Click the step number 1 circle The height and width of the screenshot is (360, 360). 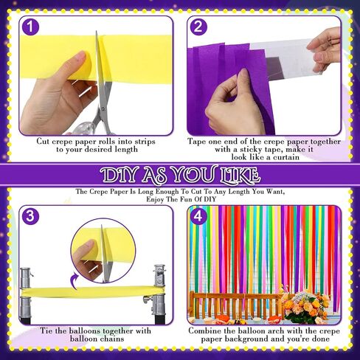pyautogui.click(x=30, y=27)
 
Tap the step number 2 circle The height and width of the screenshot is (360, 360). pyautogui.click(x=198, y=27)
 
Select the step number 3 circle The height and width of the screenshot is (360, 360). pyautogui.click(x=30, y=216)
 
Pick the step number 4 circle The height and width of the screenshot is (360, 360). pyautogui.click(x=198, y=216)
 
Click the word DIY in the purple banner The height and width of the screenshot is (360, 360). pyautogui.click(x=119, y=175)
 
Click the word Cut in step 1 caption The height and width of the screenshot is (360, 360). pyautogui.click(x=44, y=142)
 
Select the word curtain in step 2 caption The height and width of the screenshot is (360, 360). pyautogui.click(x=286, y=157)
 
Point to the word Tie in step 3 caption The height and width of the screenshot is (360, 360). pyautogui.click(x=46, y=330)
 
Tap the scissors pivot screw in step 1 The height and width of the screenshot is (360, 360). pyautogui.click(x=103, y=108)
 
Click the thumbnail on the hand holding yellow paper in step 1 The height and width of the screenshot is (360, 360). pyautogui.click(x=80, y=56)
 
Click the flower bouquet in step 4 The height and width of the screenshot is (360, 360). pyautogui.click(x=305, y=305)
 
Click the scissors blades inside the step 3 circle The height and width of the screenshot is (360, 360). pyautogui.click(x=105, y=253)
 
